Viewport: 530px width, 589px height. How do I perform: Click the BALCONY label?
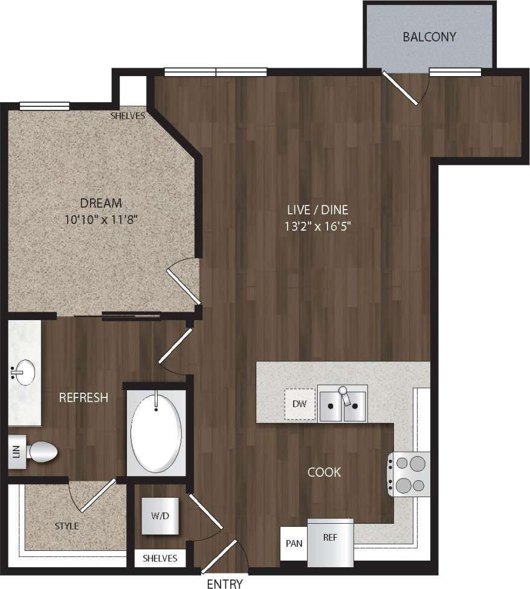point(429,37)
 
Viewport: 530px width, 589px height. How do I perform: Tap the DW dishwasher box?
point(300,404)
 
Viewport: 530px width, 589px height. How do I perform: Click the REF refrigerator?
point(329,542)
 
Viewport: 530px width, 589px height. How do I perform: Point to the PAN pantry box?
point(294,543)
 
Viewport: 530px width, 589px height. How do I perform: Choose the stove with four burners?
point(409,474)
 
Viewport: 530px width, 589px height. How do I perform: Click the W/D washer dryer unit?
point(160,516)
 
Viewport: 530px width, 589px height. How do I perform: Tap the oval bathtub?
point(157,431)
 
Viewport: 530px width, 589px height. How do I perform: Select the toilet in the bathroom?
point(41,451)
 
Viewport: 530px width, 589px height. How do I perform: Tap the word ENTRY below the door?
point(225,584)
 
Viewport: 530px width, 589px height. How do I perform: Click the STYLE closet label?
point(66,526)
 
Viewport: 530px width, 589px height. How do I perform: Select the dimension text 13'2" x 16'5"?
point(318,227)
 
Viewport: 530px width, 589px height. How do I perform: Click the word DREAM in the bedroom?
point(101,203)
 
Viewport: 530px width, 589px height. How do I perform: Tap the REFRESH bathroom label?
point(83,397)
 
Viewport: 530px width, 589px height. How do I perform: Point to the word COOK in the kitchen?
point(324,472)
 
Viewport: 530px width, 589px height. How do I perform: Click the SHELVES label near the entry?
point(160,558)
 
